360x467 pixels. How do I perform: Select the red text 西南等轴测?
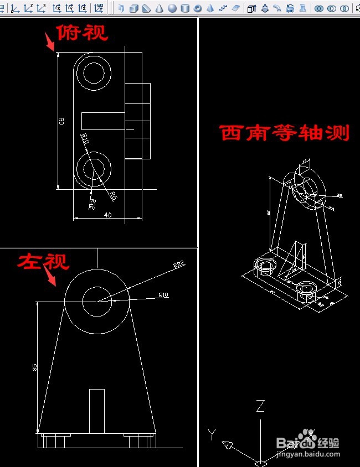click(x=285, y=133)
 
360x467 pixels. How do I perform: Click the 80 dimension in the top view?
click(x=61, y=121)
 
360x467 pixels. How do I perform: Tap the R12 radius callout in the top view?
click(x=92, y=204)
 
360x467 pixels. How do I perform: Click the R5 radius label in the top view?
click(x=112, y=195)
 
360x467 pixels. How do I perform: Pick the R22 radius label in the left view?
click(x=178, y=265)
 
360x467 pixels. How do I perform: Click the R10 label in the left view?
click(x=163, y=295)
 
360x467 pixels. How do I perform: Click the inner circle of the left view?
click(x=97, y=301)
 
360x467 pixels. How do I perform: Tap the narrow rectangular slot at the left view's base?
click(x=97, y=410)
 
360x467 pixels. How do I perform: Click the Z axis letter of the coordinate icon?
click(x=260, y=407)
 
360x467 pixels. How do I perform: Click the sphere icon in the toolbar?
click(x=172, y=8)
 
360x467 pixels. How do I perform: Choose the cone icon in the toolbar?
click(x=159, y=8)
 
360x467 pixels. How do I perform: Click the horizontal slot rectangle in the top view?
click(x=103, y=120)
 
